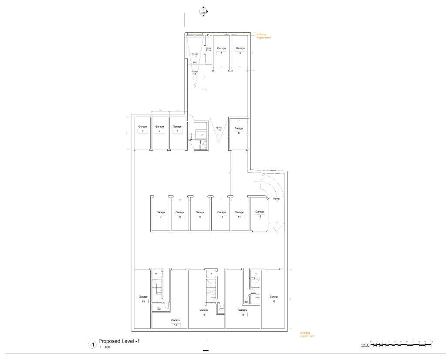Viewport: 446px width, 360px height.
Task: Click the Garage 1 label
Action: click(221, 50)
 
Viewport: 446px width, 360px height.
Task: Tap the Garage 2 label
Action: click(240, 50)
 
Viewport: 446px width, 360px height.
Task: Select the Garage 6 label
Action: click(238, 130)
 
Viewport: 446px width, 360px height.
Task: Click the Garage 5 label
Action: click(176, 129)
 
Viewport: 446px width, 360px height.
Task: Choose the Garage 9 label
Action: click(200, 214)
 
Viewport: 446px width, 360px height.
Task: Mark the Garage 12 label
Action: click(260, 214)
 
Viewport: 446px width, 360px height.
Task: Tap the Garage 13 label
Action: click(143, 299)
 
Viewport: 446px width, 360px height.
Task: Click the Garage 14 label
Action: click(176, 323)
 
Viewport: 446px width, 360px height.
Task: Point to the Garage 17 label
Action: click(274, 299)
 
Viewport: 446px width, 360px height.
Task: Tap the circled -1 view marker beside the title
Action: click(92, 344)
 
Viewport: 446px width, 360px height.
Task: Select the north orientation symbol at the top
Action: click(203, 12)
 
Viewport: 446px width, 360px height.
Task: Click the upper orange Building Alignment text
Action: click(264, 36)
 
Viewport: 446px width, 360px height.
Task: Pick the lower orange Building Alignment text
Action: click(307, 334)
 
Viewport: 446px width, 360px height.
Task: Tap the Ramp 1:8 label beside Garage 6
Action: click(219, 129)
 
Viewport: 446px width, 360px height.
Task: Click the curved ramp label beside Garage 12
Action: click(276, 200)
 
